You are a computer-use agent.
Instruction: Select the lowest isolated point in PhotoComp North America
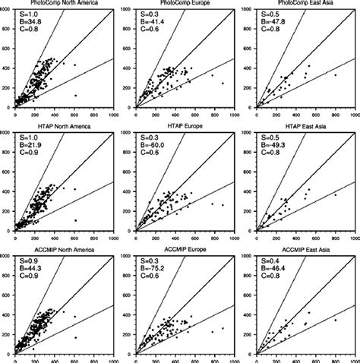point(76,95)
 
